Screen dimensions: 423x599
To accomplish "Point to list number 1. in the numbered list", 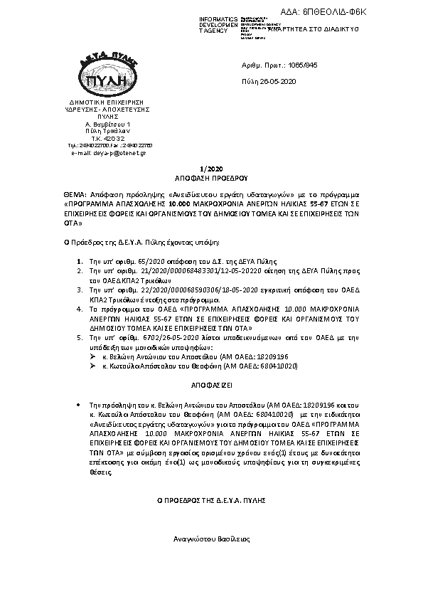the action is tap(79, 263).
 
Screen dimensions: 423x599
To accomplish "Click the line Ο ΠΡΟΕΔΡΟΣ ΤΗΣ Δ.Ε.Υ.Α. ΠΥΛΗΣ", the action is tap(211, 501).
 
